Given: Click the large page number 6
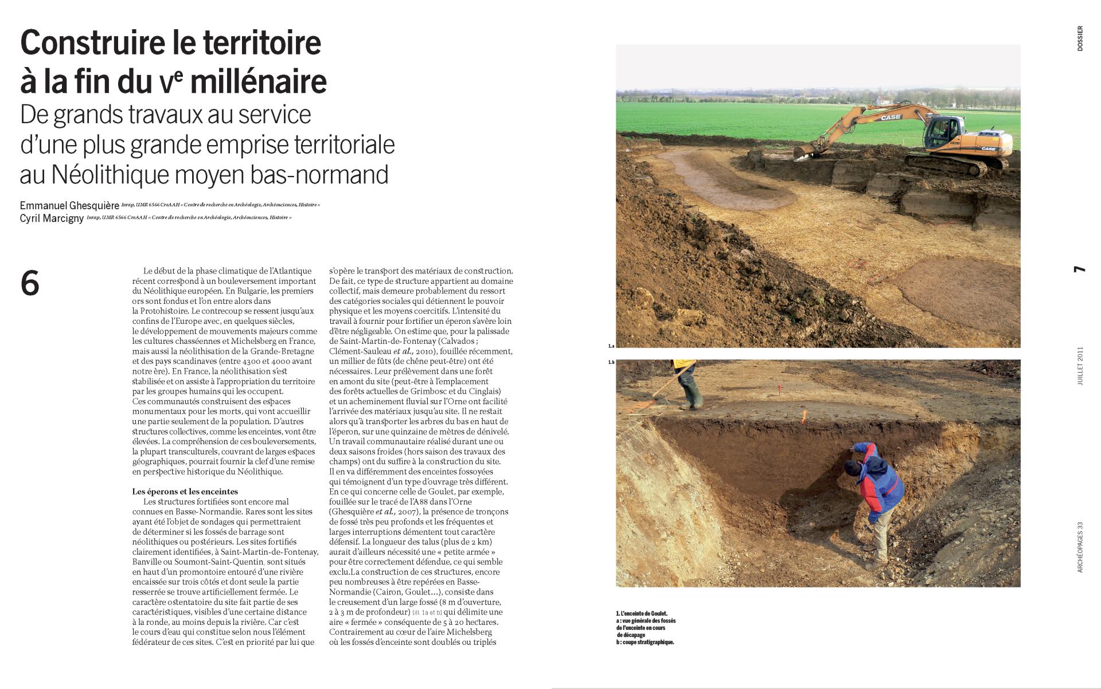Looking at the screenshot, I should pyautogui.click(x=30, y=283).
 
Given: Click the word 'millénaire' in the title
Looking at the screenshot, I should pyautogui.click(x=258, y=82).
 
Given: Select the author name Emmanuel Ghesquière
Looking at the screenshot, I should pyautogui.click(x=69, y=205).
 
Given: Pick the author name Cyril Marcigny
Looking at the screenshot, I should pyautogui.click(x=52, y=218).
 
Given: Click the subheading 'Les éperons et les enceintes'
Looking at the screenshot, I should pyautogui.click(x=185, y=491).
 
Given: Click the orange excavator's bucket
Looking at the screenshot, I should pyautogui.click(x=804, y=151).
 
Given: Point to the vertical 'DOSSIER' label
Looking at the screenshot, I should pyautogui.click(x=1080, y=38).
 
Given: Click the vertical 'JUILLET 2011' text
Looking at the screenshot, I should pyautogui.click(x=1080, y=366).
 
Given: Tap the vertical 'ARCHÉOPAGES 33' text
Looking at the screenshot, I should pyautogui.click(x=1080, y=547).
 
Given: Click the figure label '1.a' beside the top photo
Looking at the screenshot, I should pyautogui.click(x=611, y=346).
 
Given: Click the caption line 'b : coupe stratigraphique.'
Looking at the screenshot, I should pyautogui.click(x=645, y=643).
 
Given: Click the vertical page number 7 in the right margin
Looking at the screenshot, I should pyautogui.click(x=1080, y=269).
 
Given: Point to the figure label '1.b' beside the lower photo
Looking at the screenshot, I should pyautogui.click(x=611, y=362).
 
